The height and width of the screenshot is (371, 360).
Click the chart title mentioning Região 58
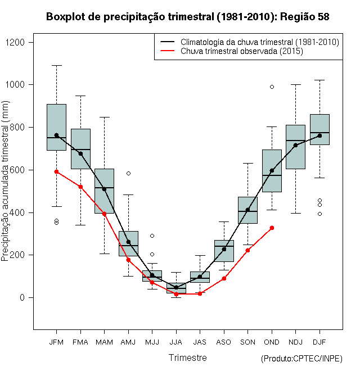[187, 17]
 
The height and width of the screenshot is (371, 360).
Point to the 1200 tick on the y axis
[22, 42]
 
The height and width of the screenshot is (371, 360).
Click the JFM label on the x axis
[56, 342]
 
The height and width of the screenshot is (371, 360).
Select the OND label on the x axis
[272, 342]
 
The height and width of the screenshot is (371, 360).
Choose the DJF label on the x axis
[319, 342]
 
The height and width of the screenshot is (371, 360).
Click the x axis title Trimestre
[188, 358]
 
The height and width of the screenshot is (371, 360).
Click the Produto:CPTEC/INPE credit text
[301, 359]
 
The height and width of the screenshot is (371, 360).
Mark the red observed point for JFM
[56, 171]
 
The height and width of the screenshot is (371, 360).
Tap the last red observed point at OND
[272, 228]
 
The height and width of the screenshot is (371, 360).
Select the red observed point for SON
[247, 250]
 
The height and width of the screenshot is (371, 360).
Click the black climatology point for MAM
[104, 189]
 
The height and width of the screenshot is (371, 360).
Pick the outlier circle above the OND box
[272, 87]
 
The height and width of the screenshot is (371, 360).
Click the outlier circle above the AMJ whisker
[128, 173]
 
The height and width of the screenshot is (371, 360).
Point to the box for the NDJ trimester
[295, 147]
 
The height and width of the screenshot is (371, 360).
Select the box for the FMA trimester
[80, 148]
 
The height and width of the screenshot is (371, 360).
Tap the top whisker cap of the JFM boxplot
[56, 65]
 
